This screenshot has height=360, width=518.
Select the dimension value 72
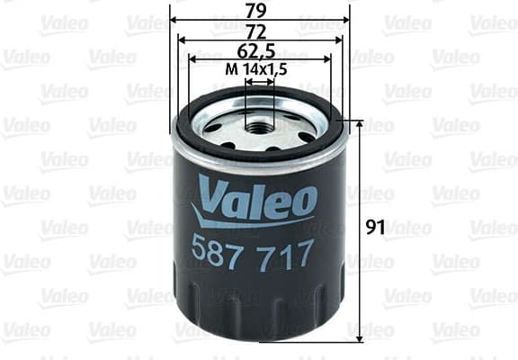[259, 31]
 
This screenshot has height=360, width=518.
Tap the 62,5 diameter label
[259, 50]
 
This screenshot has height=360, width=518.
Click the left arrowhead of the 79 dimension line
[173, 20]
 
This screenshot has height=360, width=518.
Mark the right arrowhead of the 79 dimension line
[345, 20]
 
